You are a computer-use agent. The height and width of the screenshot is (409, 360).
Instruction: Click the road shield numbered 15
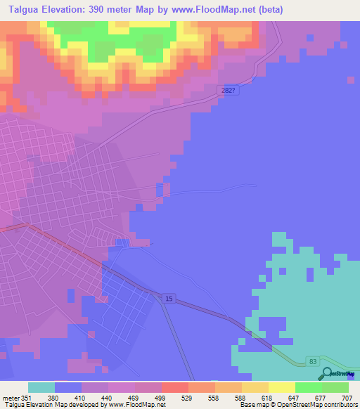coord(168,299)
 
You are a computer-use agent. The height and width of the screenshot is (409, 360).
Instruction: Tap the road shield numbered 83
coord(313,361)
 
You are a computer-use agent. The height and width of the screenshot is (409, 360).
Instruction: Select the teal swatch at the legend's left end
coord(41,387)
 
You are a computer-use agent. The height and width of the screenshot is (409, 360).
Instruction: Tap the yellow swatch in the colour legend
coord(282,387)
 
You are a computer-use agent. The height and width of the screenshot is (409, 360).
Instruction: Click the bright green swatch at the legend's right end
coord(335,387)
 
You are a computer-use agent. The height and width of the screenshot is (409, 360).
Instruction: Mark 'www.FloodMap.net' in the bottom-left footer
coord(142,405)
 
